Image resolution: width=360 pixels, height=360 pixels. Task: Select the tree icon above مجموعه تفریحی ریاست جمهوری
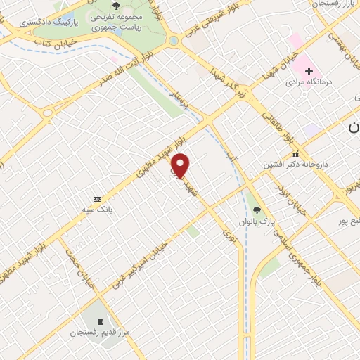(x=116, y=8)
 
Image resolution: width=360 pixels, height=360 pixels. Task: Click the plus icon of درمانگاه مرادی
(x=309, y=71)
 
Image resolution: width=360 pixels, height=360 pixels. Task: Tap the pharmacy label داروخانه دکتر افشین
(x=296, y=165)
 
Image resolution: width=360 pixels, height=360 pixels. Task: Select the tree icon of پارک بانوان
(x=256, y=209)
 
